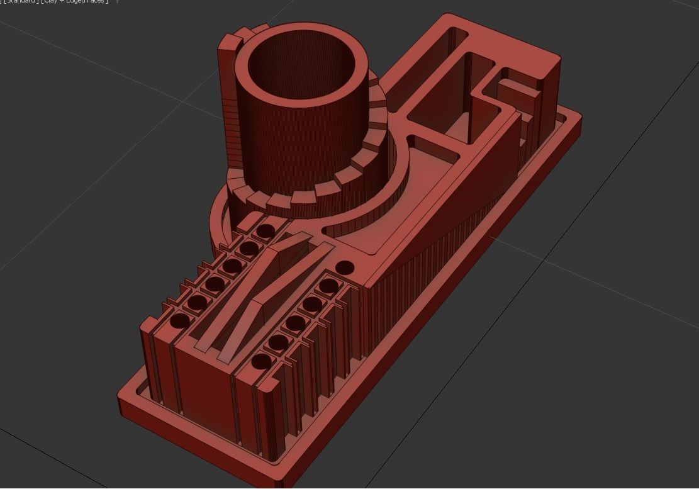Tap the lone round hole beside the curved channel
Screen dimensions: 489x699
[344, 268]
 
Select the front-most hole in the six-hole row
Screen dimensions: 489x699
[180, 321]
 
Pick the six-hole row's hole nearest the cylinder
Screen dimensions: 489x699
[266, 231]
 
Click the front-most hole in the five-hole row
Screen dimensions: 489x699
[262, 362]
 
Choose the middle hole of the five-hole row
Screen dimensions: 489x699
[295, 324]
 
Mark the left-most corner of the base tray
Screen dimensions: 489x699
[120, 396]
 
